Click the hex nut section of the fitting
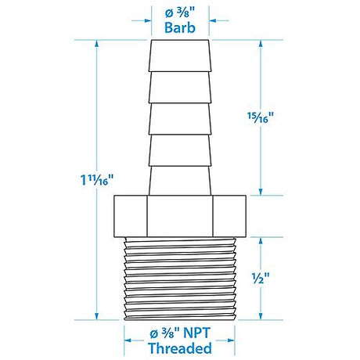pos(179,216)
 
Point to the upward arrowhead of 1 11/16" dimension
pos(96,44)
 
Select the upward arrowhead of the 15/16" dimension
pos(261,44)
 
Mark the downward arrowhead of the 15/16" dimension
pos(261,193)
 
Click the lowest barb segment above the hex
pos(179,175)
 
